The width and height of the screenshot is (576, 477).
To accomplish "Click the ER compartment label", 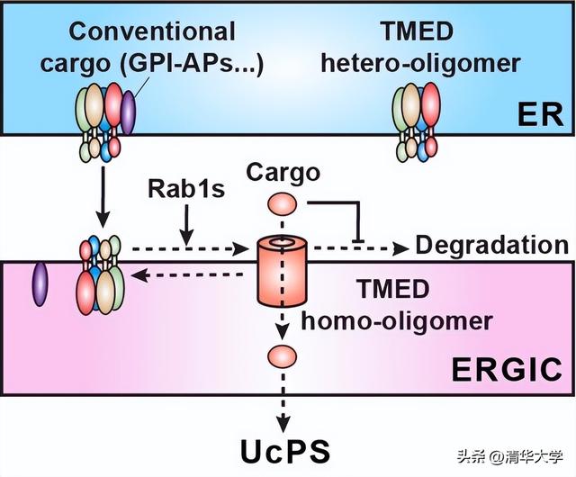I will (539, 115).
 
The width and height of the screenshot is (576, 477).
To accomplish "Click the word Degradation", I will (490, 245).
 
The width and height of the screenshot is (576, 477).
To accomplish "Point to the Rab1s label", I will (185, 189).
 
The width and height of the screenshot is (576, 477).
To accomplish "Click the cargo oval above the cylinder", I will (280, 202).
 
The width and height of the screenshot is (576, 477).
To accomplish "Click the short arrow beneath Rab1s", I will (185, 220).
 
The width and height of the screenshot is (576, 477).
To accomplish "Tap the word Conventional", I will (152, 31).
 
